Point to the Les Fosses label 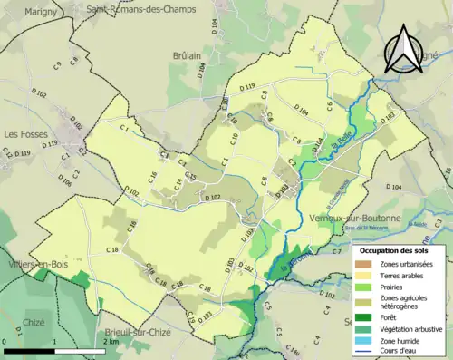click(x=24, y=133)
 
